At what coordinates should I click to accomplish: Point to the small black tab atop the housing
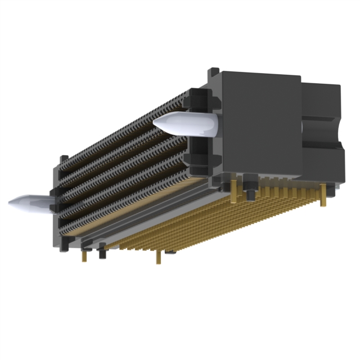pos(213,73)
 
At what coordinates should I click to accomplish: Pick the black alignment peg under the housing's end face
pos(249,191)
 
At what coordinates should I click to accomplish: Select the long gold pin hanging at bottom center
pos(159,257)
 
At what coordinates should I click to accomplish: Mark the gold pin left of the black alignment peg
pos(232,191)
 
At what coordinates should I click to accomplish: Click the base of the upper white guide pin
pos(211,127)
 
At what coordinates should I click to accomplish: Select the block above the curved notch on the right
pos(321,101)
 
